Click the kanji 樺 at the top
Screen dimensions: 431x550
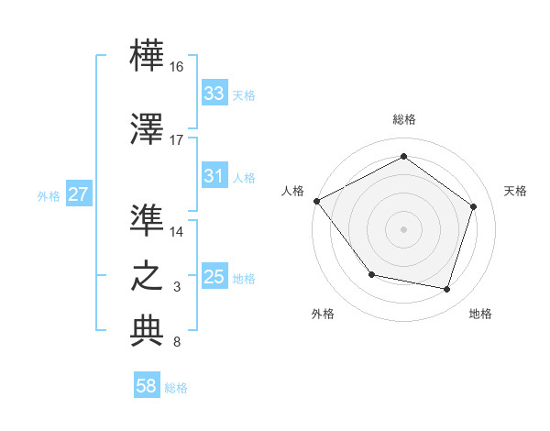click(147, 58)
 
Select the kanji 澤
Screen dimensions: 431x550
click(147, 129)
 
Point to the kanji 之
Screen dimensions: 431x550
click(147, 276)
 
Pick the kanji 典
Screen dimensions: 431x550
click(147, 331)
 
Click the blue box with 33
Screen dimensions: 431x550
click(214, 94)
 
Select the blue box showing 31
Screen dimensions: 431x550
click(214, 176)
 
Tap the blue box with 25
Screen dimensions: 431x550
click(214, 277)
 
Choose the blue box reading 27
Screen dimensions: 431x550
click(78, 194)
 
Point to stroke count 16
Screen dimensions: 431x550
click(177, 67)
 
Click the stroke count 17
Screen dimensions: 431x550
click(177, 140)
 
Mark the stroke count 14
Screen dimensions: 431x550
click(177, 231)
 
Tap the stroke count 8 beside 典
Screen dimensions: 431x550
click(177, 343)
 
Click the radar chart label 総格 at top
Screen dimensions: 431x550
click(403, 119)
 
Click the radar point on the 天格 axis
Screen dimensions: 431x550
click(473, 206)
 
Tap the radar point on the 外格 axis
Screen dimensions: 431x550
click(371, 274)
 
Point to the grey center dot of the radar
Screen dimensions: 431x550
click(403, 228)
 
